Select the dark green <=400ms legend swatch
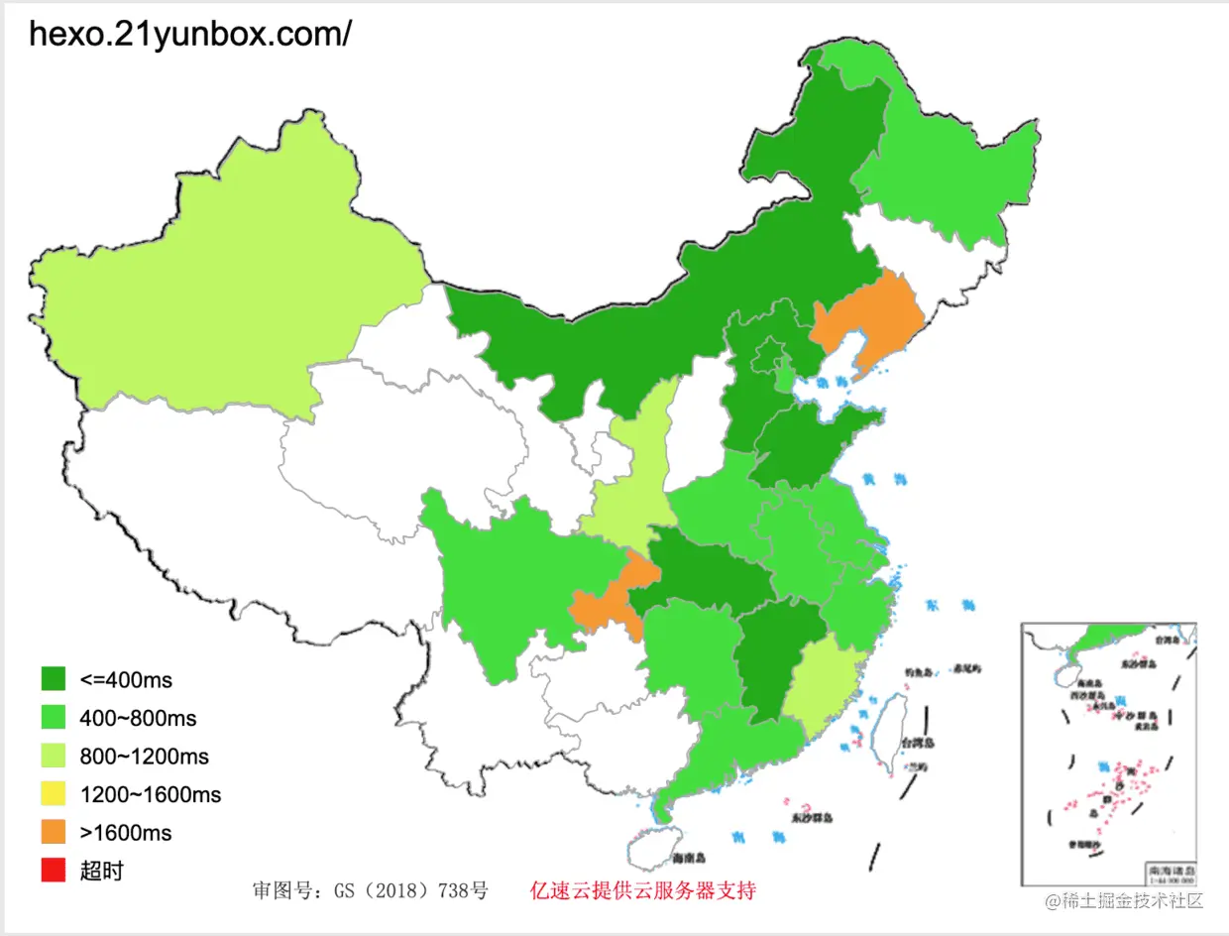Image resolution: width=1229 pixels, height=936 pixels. (54, 679)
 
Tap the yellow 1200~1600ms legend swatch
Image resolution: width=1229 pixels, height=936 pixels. (54, 794)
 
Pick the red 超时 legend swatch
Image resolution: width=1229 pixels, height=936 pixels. (54, 871)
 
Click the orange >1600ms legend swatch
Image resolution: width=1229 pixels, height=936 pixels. (54, 833)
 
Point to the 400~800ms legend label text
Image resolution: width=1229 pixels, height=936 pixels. (138, 718)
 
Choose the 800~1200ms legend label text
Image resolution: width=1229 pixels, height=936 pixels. (144, 757)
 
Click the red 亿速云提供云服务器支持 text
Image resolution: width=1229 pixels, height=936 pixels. (643, 890)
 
